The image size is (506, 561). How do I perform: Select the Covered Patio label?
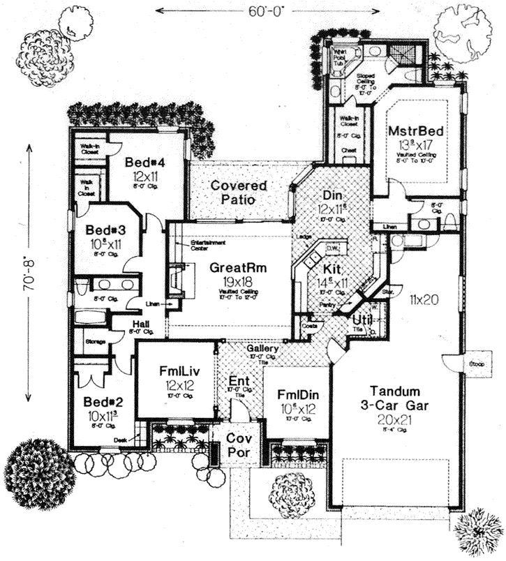point(239,193)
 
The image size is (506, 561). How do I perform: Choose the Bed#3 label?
point(105,230)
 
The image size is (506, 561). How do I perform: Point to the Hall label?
point(142,323)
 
